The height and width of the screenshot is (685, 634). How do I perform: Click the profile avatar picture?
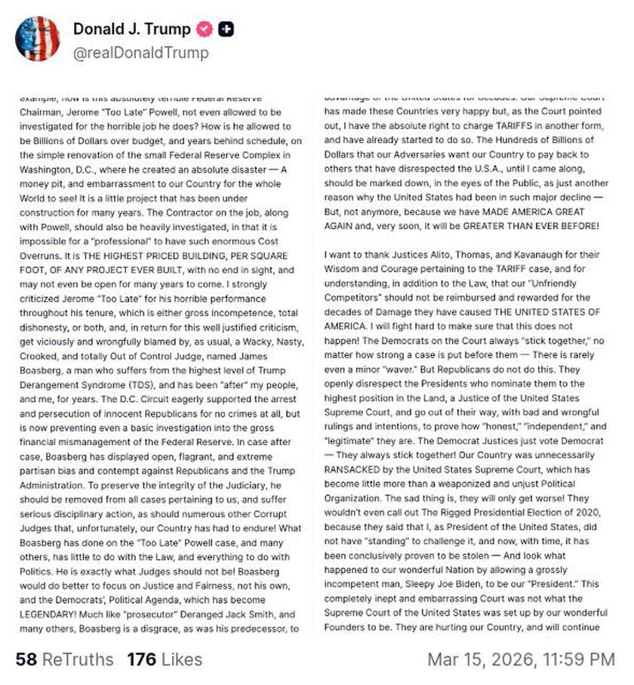[x=38, y=38]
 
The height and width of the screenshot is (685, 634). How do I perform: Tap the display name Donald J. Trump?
[x=131, y=29]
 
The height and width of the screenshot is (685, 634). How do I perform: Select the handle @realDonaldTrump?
[x=141, y=53]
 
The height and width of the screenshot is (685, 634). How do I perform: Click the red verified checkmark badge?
[x=203, y=29]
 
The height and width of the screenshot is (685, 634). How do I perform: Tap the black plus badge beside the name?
[x=226, y=29]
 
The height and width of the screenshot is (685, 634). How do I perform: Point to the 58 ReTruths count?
[x=64, y=659]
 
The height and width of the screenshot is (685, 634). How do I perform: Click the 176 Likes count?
[x=165, y=659]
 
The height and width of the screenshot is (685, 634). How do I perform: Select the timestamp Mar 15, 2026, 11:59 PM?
[x=521, y=659]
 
